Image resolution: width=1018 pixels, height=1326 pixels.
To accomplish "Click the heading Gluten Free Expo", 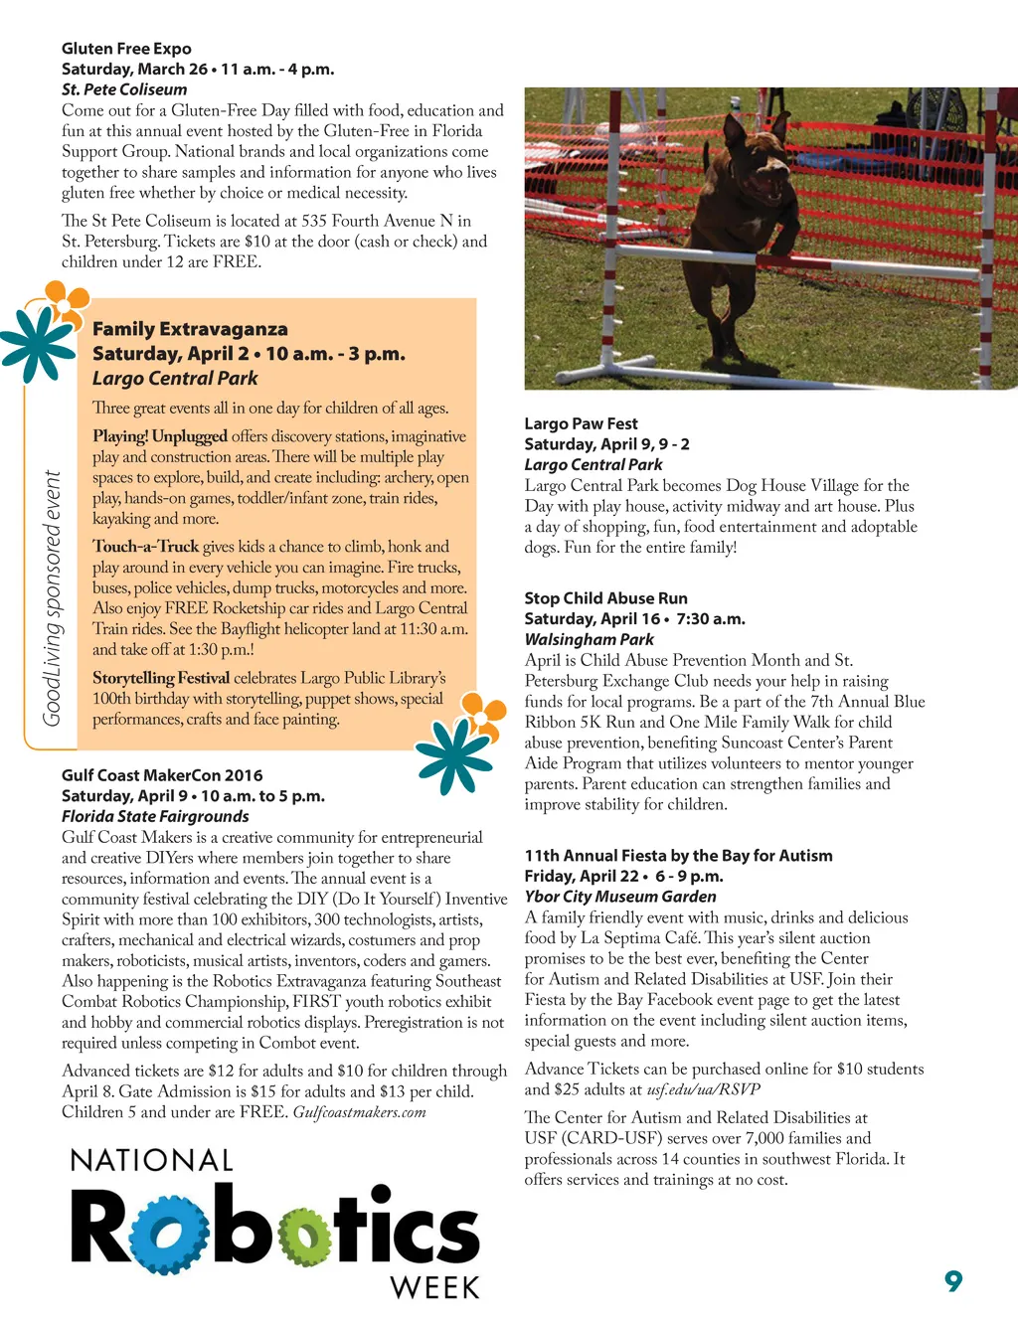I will coord(126,49).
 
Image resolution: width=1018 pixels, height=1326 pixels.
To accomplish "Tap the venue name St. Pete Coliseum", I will coord(124,89).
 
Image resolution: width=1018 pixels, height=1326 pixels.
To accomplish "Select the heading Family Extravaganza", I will coord(190,329).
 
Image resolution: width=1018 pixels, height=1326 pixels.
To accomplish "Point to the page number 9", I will coord(953,1281).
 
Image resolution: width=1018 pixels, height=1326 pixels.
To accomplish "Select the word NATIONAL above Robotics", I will coord(152,1160).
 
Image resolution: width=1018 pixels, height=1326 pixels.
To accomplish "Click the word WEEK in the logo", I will coord(435,1288).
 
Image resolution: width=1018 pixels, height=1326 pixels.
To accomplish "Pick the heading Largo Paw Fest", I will coord(581,423).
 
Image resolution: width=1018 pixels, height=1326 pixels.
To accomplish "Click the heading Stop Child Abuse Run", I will coord(605,598).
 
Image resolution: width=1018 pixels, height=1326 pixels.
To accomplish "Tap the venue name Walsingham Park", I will coord(589,639).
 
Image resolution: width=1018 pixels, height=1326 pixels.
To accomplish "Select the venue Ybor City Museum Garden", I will coord(620,897).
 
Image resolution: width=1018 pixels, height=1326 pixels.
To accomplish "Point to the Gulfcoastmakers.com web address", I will coord(359,1112).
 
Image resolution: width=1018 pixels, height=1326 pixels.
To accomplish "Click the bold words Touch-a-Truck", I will coord(145,547).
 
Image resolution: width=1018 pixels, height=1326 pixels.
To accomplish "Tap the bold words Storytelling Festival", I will coord(160,678).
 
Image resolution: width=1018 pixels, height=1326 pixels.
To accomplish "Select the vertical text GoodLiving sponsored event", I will coord(53,598).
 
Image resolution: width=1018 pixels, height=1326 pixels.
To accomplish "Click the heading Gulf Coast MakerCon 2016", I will coord(162,775).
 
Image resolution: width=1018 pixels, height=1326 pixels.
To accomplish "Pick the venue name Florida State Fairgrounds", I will coord(155,816).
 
